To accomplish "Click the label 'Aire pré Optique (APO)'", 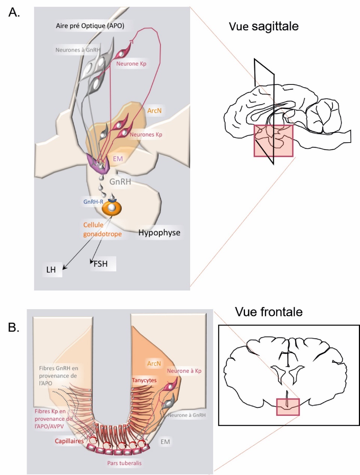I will pos(90,26).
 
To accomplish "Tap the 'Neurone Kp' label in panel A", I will pos(131,64).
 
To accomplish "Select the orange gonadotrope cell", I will pos(112,208).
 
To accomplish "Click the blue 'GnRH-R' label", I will pos(93,202).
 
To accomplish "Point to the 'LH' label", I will pos(51,270).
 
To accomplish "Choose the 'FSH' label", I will pos(100,264).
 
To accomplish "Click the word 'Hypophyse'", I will pos(159,233).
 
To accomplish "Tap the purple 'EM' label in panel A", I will pos(118,159).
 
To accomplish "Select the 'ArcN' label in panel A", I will pos(154,111).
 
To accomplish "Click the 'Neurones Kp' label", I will pos(146,134).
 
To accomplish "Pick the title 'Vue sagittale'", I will pos(264,26).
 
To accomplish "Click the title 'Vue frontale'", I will pos(268,312).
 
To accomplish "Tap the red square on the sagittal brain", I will pos(273,141).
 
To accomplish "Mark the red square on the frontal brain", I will pos(288,407).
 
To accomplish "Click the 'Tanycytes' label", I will pos(144,380).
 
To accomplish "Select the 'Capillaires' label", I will pos(69,441).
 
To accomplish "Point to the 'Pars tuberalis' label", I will pos(124,463).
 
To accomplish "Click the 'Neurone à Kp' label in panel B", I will pos(184,371).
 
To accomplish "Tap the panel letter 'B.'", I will pos(14,327).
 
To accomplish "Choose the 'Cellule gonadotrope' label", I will pos(102,229).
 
